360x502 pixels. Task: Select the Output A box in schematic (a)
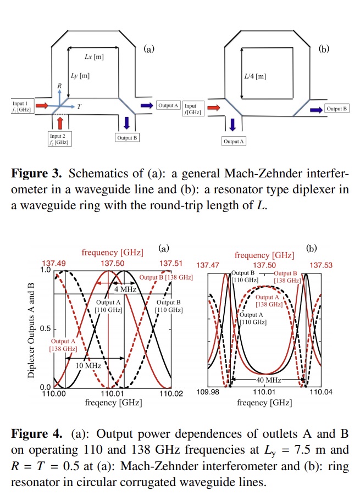pos(168,105)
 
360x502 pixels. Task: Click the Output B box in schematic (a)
pos(127,138)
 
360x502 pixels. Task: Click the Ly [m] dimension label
pos(80,75)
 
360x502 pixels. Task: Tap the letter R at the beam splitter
pos(59,86)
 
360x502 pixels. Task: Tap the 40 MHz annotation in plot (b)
pos(268,380)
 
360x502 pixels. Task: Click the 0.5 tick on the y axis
pos(46,329)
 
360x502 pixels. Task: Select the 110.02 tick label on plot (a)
pos(170,393)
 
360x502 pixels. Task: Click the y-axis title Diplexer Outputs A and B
pos(32,328)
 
